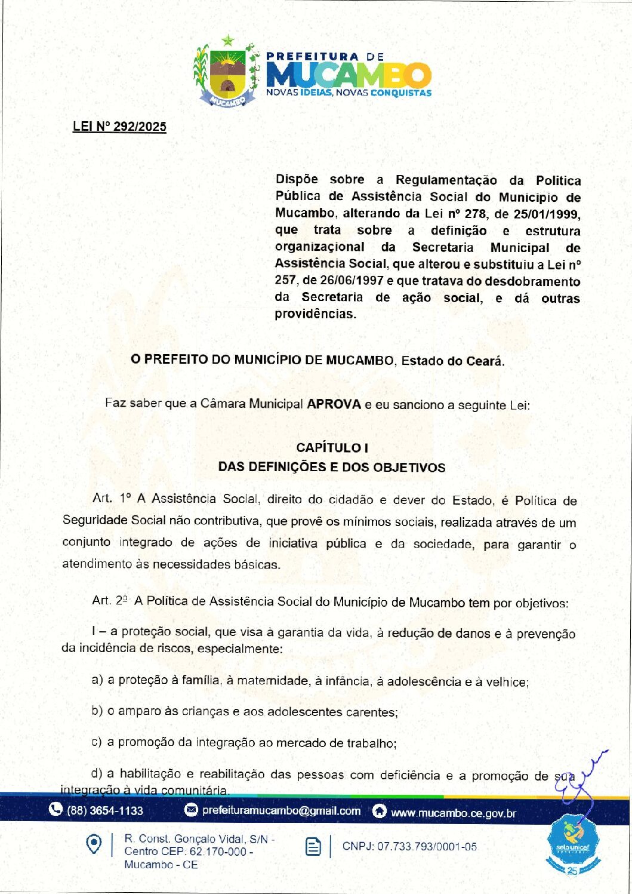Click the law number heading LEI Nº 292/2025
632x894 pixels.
(x=119, y=127)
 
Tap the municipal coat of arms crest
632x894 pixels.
(x=227, y=73)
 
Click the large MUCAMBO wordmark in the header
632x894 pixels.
(x=349, y=75)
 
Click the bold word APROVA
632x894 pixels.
(x=334, y=404)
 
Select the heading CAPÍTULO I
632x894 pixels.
(x=332, y=448)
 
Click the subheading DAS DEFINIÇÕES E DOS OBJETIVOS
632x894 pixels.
(x=332, y=467)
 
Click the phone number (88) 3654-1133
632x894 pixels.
(x=105, y=810)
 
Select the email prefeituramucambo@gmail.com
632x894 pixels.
(x=281, y=810)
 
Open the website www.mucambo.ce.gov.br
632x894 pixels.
(x=453, y=813)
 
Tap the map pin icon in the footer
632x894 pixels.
(x=94, y=844)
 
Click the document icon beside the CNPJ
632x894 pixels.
(x=313, y=846)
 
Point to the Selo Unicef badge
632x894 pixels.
(x=572, y=845)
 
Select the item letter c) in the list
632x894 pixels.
(x=96, y=742)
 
